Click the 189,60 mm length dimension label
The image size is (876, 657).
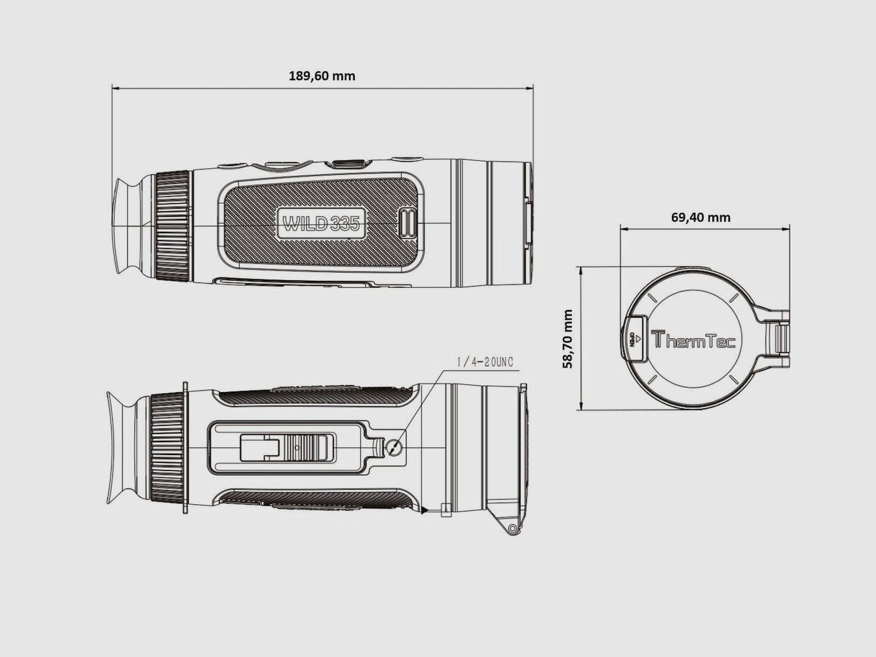click(x=322, y=76)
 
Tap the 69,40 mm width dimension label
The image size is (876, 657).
click(x=701, y=217)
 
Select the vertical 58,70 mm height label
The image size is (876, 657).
click(x=568, y=339)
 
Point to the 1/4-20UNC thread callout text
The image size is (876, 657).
click(x=485, y=362)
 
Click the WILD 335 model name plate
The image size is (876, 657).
click(x=321, y=223)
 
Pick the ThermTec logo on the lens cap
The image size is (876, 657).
click(x=693, y=339)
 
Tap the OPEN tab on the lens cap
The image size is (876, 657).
click(x=635, y=339)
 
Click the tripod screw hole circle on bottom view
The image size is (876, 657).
click(x=394, y=447)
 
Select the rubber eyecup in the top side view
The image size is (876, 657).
click(x=128, y=226)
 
